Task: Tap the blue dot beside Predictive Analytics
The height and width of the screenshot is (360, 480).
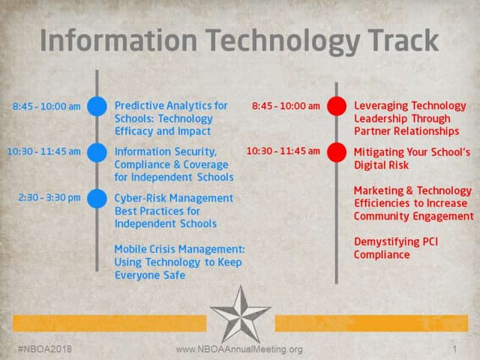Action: pyautogui.click(x=97, y=106)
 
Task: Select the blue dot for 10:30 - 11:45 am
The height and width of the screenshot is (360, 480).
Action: pyautogui.click(x=97, y=152)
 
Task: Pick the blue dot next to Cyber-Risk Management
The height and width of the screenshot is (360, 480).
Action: pyautogui.click(x=97, y=199)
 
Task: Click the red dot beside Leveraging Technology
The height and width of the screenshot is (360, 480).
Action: pyautogui.click(x=337, y=106)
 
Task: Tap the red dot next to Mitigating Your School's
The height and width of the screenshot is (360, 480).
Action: pyautogui.click(x=337, y=152)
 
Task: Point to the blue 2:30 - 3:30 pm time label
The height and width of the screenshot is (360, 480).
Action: pyautogui.click(x=49, y=197)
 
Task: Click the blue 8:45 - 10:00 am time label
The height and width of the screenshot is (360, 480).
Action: pyautogui.click(x=46, y=106)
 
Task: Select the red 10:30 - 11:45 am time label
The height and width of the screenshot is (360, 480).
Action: pyautogui.click(x=283, y=151)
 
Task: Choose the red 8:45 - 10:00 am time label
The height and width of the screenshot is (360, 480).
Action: pyautogui.click(x=286, y=106)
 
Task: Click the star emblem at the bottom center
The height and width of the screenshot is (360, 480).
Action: pyautogui.click(x=240, y=313)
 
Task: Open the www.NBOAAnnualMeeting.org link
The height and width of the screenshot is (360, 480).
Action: pyautogui.click(x=239, y=349)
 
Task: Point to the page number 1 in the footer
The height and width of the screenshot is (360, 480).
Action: pyautogui.click(x=454, y=349)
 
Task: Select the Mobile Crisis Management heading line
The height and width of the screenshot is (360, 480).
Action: pyautogui.click(x=179, y=249)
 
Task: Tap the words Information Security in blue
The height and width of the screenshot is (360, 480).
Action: pyautogui.click(x=165, y=151)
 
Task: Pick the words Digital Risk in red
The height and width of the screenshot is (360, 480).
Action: pyautogui.click(x=382, y=164)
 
